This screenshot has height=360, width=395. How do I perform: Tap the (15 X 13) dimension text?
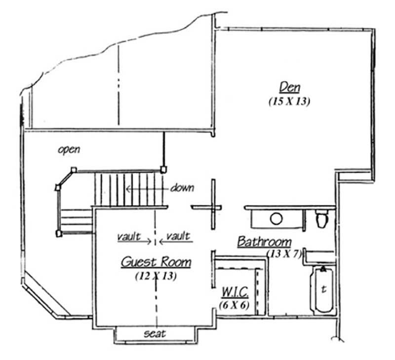coord(290,102)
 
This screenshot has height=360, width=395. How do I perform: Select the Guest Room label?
coord(156,261)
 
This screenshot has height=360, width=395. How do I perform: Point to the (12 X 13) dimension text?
coord(156,276)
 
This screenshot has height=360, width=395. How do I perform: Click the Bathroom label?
coord(264,242)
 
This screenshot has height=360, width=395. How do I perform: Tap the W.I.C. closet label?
coord(235,291)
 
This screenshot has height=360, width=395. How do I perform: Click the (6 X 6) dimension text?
coord(234,304)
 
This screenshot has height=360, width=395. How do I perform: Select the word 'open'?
coord(69,149)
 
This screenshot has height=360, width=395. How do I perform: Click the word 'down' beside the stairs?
coord(182,188)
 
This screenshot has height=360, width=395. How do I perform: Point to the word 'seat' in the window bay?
coord(155,334)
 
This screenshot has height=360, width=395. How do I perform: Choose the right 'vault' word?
coord(178,236)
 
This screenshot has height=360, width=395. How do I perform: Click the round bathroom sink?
coord(276,218)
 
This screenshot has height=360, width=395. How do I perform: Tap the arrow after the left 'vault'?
coord(146,242)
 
